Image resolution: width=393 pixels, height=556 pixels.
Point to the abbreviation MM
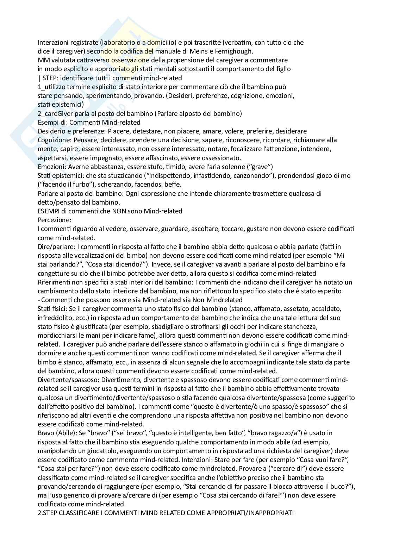point(43,60)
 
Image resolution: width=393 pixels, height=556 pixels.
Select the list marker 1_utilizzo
point(52,87)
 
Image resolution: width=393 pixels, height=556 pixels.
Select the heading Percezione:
point(54,220)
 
